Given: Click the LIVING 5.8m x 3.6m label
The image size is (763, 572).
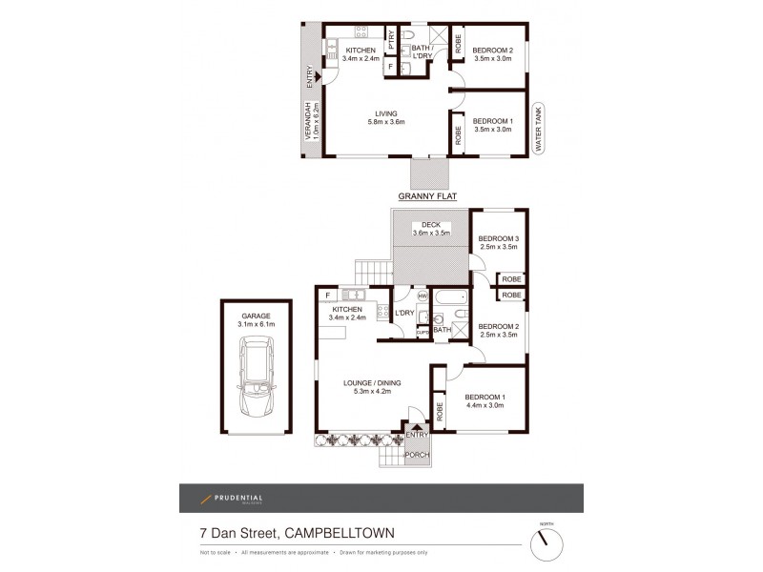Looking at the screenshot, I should (x=386, y=117).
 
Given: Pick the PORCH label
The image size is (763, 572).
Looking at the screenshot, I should (x=417, y=455).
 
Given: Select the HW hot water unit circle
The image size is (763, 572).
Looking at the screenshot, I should (x=423, y=296).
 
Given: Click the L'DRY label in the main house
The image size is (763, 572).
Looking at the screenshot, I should (x=403, y=313).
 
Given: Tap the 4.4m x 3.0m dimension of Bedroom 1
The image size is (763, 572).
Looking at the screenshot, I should (x=484, y=405).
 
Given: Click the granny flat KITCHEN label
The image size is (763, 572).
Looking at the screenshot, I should (x=361, y=49).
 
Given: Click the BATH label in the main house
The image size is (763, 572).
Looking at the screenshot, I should (x=442, y=330).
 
